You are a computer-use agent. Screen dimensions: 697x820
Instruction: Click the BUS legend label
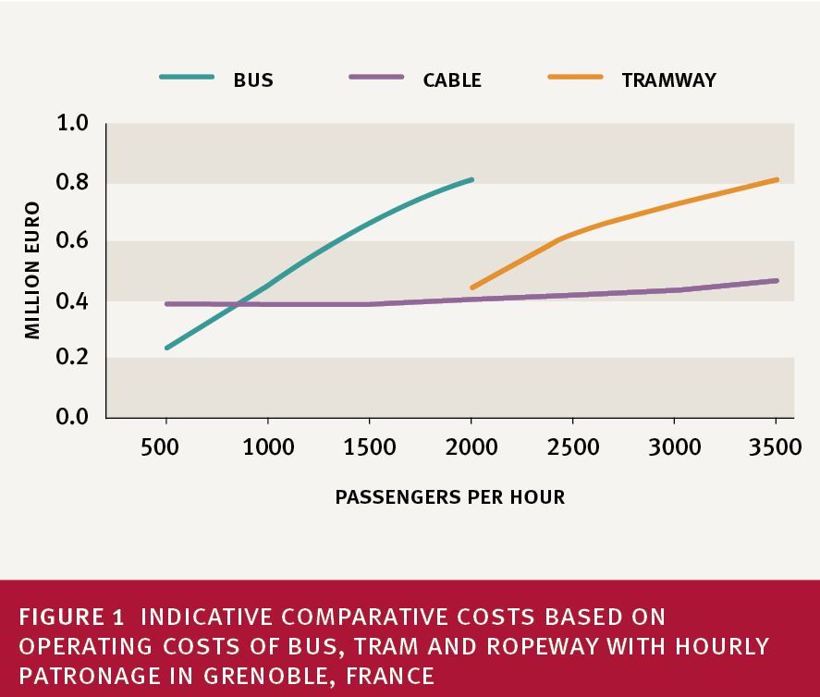(252, 79)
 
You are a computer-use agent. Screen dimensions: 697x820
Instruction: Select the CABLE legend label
(452, 79)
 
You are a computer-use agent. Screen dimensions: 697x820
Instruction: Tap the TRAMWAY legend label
(668, 79)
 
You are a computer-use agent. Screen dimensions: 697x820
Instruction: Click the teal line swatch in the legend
(187, 78)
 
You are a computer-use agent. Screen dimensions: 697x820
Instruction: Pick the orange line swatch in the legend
(575, 78)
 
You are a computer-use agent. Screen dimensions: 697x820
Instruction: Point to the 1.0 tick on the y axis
(72, 124)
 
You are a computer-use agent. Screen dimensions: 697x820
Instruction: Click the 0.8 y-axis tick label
(72, 183)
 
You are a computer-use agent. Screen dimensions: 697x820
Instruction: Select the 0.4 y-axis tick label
(72, 300)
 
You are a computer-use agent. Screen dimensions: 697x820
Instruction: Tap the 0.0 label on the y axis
(72, 417)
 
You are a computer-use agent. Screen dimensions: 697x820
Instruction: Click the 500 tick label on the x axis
(166, 448)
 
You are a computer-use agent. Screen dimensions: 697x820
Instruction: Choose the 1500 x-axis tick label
(370, 448)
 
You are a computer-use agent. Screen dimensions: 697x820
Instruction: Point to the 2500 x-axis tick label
(572, 448)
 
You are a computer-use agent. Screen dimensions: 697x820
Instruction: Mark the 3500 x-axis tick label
(775, 448)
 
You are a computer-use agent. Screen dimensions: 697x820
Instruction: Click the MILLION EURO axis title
(33, 270)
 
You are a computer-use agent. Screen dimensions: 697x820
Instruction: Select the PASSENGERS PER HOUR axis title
(449, 497)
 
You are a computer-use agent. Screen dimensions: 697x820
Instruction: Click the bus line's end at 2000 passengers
(471, 179)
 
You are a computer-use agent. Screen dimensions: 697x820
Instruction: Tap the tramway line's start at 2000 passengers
(472, 287)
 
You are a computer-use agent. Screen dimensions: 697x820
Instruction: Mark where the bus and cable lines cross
(239, 303)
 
